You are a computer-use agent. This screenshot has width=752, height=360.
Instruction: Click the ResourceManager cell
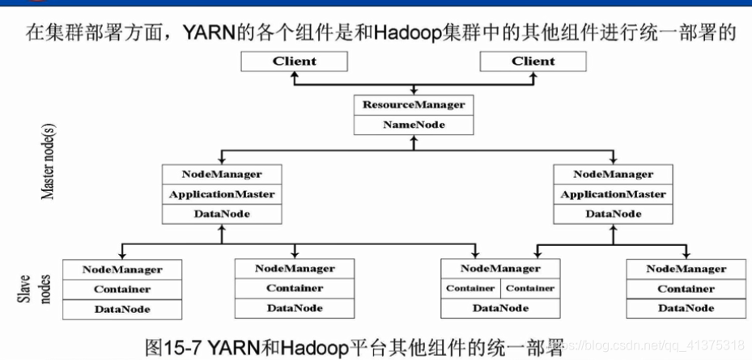[x=413, y=104]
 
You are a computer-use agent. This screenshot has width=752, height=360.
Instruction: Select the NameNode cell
[x=413, y=125]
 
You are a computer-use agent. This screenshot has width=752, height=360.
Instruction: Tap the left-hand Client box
[x=294, y=61]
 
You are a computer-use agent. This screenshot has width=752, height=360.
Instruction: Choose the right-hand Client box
[x=533, y=61]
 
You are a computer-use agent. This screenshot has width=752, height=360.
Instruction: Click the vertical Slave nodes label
[x=31, y=288]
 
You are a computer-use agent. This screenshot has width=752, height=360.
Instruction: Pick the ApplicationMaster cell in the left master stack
[x=221, y=194]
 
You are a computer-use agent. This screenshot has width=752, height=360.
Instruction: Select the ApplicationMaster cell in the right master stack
[x=613, y=194]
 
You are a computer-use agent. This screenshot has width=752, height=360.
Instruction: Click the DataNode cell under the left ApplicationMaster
[x=221, y=214]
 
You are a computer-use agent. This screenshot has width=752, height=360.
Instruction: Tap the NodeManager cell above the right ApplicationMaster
[x=613, y=174]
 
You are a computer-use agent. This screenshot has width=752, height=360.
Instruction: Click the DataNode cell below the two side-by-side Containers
[x=500, y=308]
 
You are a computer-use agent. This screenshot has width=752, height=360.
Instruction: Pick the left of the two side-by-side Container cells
[x=470, y=288]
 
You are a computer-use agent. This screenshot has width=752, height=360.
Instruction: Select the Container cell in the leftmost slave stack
[x=121, y=289]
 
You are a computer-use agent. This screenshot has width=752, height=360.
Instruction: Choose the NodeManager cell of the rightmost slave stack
[x=686, y=269]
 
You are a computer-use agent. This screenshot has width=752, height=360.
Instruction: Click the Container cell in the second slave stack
[x=294, y=288]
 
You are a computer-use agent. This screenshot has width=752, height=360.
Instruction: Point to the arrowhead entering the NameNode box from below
[x=413, y=140]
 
